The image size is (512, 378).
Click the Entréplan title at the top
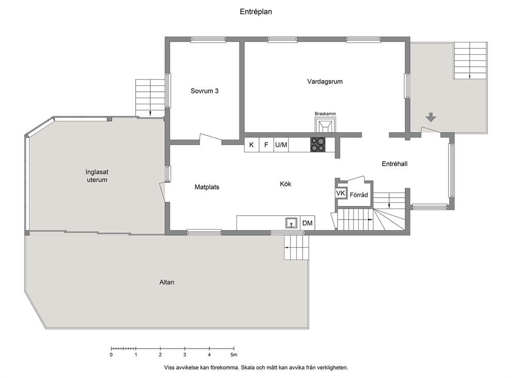255,12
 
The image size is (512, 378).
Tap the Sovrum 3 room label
204,91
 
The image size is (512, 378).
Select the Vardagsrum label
325,82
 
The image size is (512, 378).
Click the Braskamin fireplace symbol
325,124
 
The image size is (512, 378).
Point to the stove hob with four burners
318,145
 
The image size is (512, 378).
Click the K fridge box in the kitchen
251,145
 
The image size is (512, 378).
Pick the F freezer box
266,145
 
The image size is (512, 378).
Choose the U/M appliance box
281,145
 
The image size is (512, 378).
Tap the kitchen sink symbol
291,223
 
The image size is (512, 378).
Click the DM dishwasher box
307,223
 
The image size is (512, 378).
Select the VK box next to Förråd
341,194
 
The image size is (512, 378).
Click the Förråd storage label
359,195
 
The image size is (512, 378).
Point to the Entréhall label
394,164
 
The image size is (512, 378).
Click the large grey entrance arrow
431,117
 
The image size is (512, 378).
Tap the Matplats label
206,187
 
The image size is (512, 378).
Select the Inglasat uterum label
97,176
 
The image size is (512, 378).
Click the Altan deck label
167,282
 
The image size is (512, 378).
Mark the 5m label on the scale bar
233,355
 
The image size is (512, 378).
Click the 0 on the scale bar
111,355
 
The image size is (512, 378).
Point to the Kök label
285,184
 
